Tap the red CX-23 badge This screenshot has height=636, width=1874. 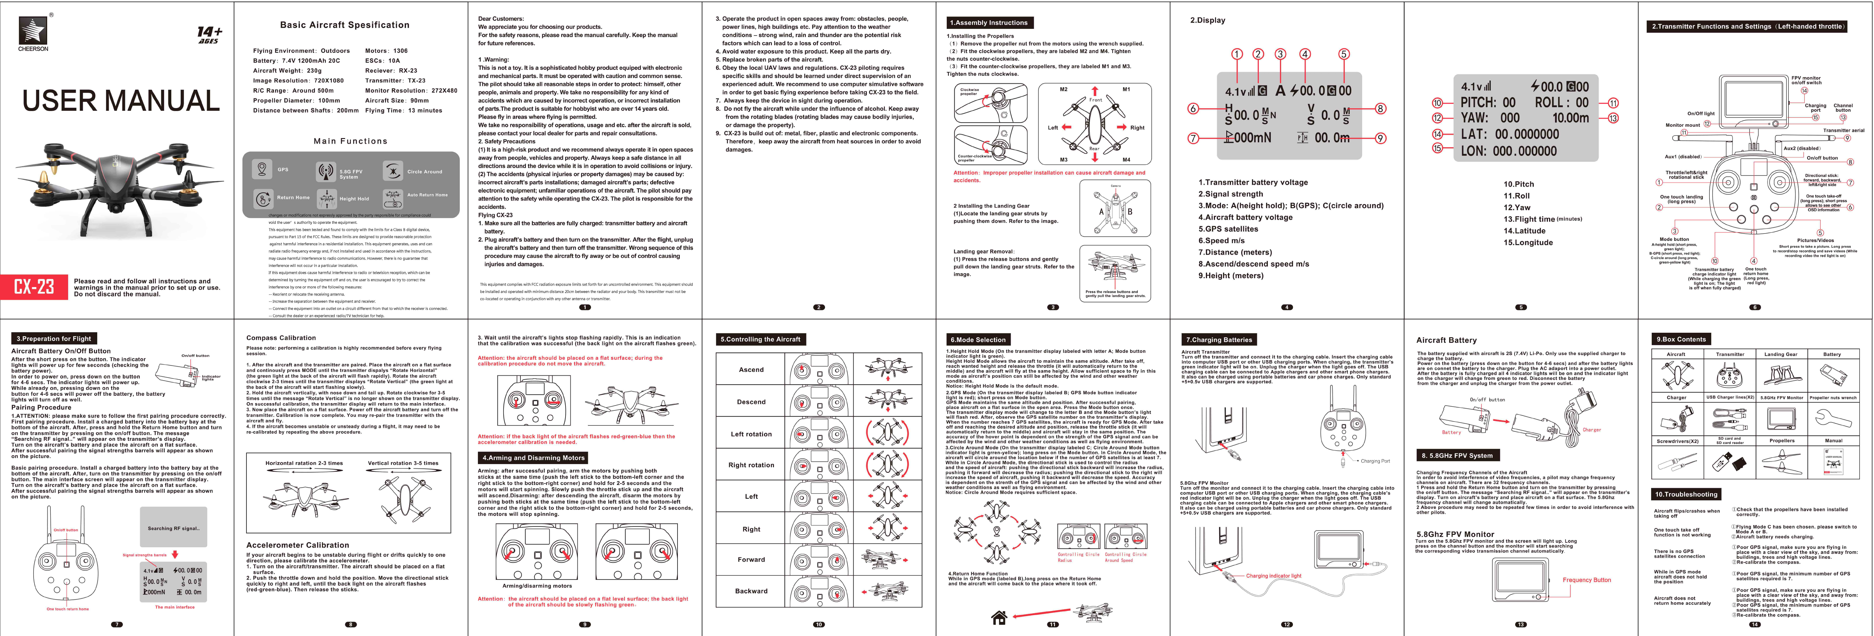(34, 286)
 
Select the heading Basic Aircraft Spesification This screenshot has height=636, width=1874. (345, 25)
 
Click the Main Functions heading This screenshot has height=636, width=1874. (351, 141)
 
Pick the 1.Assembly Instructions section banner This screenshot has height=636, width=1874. (989, 23)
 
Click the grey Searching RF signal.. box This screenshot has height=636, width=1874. (173, 528)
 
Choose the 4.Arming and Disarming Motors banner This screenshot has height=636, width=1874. (533, 458)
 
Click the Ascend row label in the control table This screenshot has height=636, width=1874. (751, 369)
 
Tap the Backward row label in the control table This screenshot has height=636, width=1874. (751, 591)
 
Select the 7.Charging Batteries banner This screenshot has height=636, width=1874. (1219, 339)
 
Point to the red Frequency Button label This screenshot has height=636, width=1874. (1587, 580)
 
